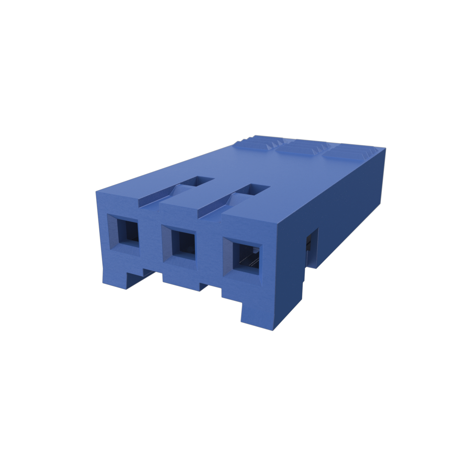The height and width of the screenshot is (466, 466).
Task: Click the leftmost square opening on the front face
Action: [x=128, y=231]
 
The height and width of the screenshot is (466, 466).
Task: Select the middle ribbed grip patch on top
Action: [x=302, y=147]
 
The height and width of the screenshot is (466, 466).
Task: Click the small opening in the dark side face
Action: [x=312, y=248]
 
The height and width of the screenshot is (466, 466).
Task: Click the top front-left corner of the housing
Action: [x=97, y=192]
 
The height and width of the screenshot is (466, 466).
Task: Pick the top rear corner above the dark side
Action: [x=385, y=149]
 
